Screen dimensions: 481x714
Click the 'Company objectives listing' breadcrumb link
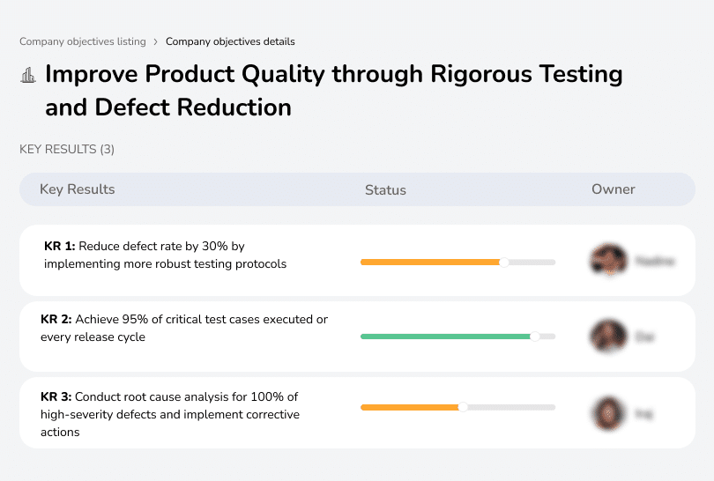click(x=84, y=41)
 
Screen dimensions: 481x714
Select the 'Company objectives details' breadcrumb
click(x=230, y=41)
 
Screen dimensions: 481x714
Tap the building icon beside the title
click(x=28, y=76)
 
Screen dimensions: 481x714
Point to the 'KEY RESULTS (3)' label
click(x=67, y=150)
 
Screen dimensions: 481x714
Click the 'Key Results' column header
click(x=78, y=189)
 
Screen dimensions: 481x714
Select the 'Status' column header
click(x=385, y=189)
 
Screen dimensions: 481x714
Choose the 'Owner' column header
click(x=614, y=189)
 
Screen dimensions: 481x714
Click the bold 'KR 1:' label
click(x=59, y=247)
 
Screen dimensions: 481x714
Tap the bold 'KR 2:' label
click(x=56, y=320)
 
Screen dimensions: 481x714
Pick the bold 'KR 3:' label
click(x=56, y=396)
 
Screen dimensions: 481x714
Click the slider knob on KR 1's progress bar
click(x=504, y=262)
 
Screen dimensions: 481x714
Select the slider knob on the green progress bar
click(x=534, y=337)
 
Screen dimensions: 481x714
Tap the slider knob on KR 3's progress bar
click(x=463, y=407)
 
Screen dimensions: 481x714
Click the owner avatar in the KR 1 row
click(x=607, y=261)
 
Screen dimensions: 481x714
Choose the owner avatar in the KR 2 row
click(x=607, y=336)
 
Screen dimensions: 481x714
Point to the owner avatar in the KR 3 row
click(x=607, y=412)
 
